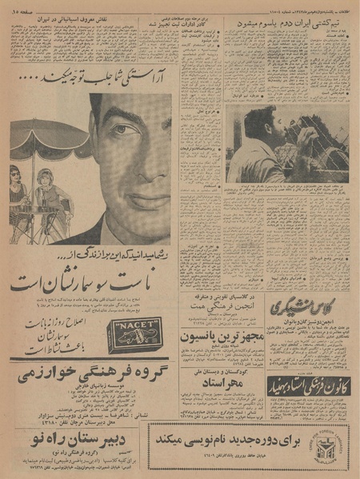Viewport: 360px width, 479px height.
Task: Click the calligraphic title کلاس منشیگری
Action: (x=309, y=307)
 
